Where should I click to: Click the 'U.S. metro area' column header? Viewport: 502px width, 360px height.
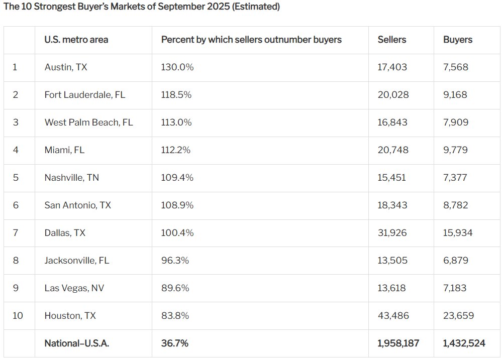pyautogui.click(x=76, y=40)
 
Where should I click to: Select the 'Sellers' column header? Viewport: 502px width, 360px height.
pyautogui.click(x=392, y=40)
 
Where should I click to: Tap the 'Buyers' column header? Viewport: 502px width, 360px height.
pyautogui.click(x=458, y=40)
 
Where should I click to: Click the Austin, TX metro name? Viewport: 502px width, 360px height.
pyautogui.click(x=66, y=67)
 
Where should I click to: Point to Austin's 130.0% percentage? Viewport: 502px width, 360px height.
pyautogui.click(x=177, y=67)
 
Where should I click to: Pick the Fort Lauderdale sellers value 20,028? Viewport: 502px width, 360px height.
pyautogui.click(x=393, y=94)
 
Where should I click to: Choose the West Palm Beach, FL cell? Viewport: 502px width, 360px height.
pyautogui.click(x=88, y=122)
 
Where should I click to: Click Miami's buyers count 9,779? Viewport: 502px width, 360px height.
pyautogui.click(x=456, y=150)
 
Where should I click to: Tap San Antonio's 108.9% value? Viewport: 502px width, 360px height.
pyautogui.click(x=177, y=205)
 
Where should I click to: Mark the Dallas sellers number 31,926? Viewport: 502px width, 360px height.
pyautogui.click(x=392, y=232)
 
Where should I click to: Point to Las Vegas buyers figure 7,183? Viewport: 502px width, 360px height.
pyautogui.click(x=455, y=288)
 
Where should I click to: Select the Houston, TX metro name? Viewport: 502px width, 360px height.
pyautogui.click(x=70, y=315)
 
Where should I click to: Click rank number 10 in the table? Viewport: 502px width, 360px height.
pyautogui.click(x=18, y=315)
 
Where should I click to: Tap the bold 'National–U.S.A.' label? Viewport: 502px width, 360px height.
pyautogui.click(x=77, y=343)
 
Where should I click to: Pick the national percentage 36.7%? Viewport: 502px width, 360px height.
pyautogui.click(x=175, y=343)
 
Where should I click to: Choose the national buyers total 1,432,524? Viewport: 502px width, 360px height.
pyautogui.click(x=464, y=343)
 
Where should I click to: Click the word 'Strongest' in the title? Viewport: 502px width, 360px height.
pyautogui.click(x=54, y=7)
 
